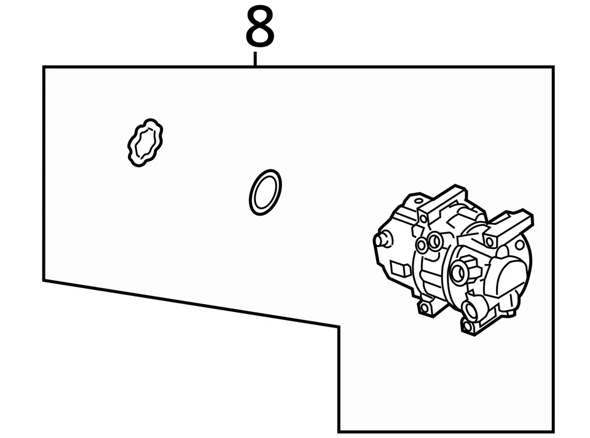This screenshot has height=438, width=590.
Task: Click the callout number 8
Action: pyautogui.click(x=259, y=27)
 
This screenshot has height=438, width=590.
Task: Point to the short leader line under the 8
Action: pyautogui.click(x=255, y=59)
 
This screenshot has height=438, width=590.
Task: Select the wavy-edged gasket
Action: pyautogui.click(x=146, y=143)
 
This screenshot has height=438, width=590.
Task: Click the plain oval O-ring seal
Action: pyautogui.click(x=265, y=192)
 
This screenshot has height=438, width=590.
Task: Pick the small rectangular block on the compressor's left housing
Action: pyautogui.click(x=400, y=268)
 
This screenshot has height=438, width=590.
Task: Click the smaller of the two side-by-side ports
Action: pyautogui.click(x=422, y=245)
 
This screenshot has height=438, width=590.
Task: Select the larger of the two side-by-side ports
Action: pyautogui.click(x=435, y=240)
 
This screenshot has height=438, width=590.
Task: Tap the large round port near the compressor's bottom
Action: pyautogui.click(x=474, y=308)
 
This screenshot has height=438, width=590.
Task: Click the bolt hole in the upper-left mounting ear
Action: pyautogui.click(x=423, y=218)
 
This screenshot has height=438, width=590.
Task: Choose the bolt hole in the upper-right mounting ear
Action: pyautogui.click(x=490, y=242)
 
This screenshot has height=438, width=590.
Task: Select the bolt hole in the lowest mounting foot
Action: pyautogui.click(x=467, y=326)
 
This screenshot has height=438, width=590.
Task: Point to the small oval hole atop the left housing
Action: pyautogui.click(x=419, y=200)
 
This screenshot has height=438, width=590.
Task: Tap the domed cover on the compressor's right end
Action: pyautogui.click(x=508, y=280)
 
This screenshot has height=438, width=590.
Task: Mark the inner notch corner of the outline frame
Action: pyautogui.click(x=339, y=327)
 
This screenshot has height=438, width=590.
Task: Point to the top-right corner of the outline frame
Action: pyautogui.click(x=553, y=67)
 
